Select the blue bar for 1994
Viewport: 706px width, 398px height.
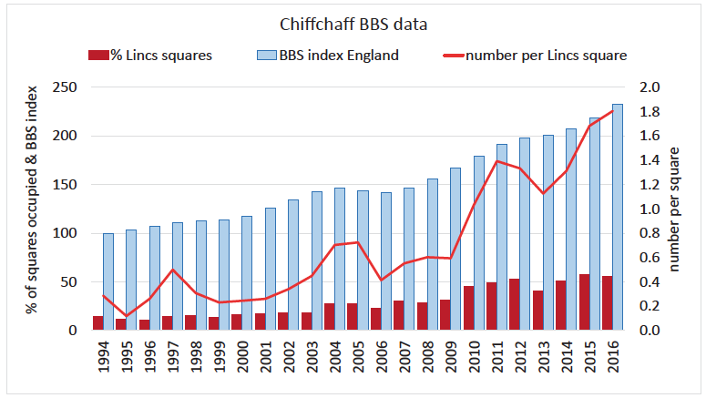[108, 281]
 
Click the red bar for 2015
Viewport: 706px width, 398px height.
[583, 302]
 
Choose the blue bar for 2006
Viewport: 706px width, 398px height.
[386, 260]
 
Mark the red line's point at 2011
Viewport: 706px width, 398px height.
[497, 161]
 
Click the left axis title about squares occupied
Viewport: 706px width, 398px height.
[35, 209]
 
